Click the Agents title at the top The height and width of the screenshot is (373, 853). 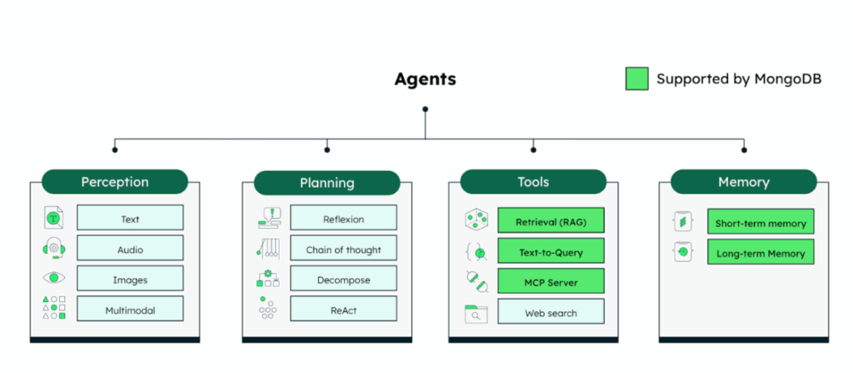425,80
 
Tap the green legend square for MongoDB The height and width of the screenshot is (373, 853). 637,79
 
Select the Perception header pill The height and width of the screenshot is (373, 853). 115,182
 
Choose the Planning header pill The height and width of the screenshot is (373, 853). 327,183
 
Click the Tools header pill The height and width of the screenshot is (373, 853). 533,182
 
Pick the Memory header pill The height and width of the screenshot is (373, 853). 743,182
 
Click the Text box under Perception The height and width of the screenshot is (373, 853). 130,219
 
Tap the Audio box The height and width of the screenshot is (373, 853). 130,249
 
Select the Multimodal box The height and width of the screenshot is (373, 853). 130,310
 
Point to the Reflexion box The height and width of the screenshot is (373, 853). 343,219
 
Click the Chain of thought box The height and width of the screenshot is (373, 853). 343,249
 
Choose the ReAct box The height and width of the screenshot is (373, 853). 343,310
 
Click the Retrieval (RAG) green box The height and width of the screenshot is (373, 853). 551,222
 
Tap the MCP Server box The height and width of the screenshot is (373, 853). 551,282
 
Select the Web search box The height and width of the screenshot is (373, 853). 551,313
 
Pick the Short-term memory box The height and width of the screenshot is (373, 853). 761,223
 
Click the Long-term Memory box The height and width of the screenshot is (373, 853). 761,253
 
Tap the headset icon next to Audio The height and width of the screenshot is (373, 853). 53,249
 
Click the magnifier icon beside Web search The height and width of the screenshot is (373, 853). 476,314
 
